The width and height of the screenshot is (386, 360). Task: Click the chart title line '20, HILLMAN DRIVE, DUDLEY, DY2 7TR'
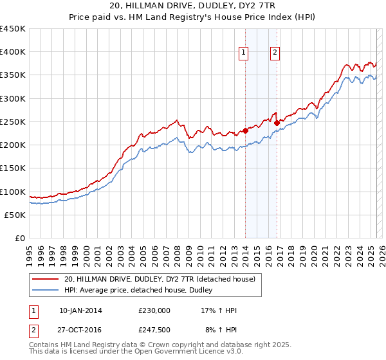(193, 5)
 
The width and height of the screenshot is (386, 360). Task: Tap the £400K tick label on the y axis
(13, 52)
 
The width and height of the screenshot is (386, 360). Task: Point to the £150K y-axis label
(13, 168)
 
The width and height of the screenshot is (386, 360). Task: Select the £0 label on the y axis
(20, 239)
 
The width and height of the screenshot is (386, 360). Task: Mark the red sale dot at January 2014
(245, 131)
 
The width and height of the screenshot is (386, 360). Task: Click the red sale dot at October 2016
(277, 123)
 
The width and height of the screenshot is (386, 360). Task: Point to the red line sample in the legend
(46, 279)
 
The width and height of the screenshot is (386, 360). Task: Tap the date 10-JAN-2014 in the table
(80, 310)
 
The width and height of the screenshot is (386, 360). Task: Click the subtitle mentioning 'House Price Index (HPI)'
(193, 17)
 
